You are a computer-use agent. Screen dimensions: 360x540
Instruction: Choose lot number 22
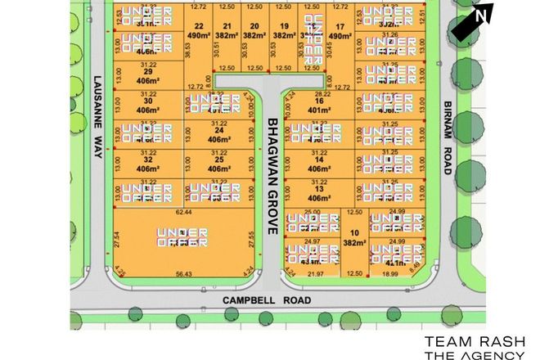(x=198, y=25)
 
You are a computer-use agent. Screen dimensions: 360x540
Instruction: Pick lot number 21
(x=227, y=25)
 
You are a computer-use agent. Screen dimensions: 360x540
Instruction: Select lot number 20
(x=254, y=25)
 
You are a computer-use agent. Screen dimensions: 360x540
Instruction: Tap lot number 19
(x=283, y=25)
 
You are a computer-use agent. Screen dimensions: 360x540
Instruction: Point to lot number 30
(x=148, y=101)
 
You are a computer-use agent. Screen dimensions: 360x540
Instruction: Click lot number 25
(x=218, y=159)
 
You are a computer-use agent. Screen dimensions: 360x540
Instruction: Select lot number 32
(x=148, y=159)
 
